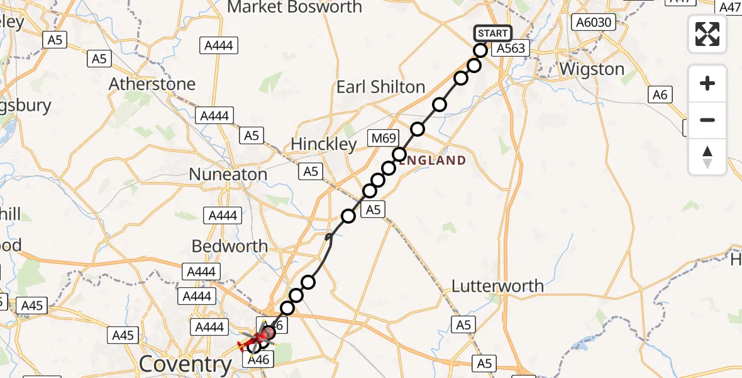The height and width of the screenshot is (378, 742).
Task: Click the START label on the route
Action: (492, 33)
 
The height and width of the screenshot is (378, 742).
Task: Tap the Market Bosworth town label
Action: (294, 8)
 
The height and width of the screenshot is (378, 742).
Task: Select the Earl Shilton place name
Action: (380, 87)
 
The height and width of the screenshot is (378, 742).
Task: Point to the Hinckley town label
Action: (323, 144)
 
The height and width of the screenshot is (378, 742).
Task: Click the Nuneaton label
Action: (228, 174)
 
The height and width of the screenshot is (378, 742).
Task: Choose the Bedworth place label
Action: (230, 246)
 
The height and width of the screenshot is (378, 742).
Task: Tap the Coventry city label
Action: (185, 364)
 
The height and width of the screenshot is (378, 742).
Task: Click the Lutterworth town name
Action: (497, 286)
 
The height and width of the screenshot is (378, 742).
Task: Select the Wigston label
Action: (592, 69)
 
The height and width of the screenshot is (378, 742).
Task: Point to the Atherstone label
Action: (152, 84)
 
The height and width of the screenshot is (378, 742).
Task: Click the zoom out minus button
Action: (707, 120)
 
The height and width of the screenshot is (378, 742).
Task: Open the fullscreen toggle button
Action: (707, 33)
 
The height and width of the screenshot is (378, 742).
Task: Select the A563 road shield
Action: (509, 49)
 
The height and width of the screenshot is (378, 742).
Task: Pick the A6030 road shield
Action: (592, 23)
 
